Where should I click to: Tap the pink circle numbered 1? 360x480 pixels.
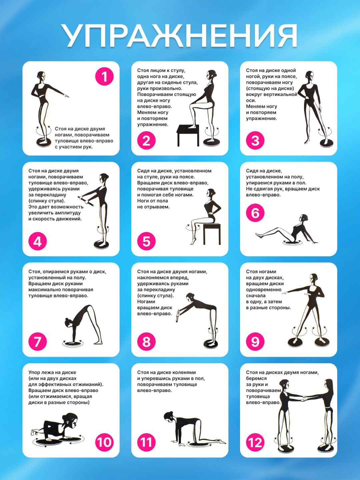[x=104, y=77]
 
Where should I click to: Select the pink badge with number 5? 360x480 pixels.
[x=146, y=242]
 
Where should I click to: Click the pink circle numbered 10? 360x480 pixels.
[x=104, y=442]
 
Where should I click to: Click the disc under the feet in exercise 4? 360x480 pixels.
[x=101, y=245]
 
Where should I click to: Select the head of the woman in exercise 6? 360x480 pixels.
[x=303, y=219]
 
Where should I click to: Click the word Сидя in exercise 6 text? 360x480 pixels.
[x=252, y=171]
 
